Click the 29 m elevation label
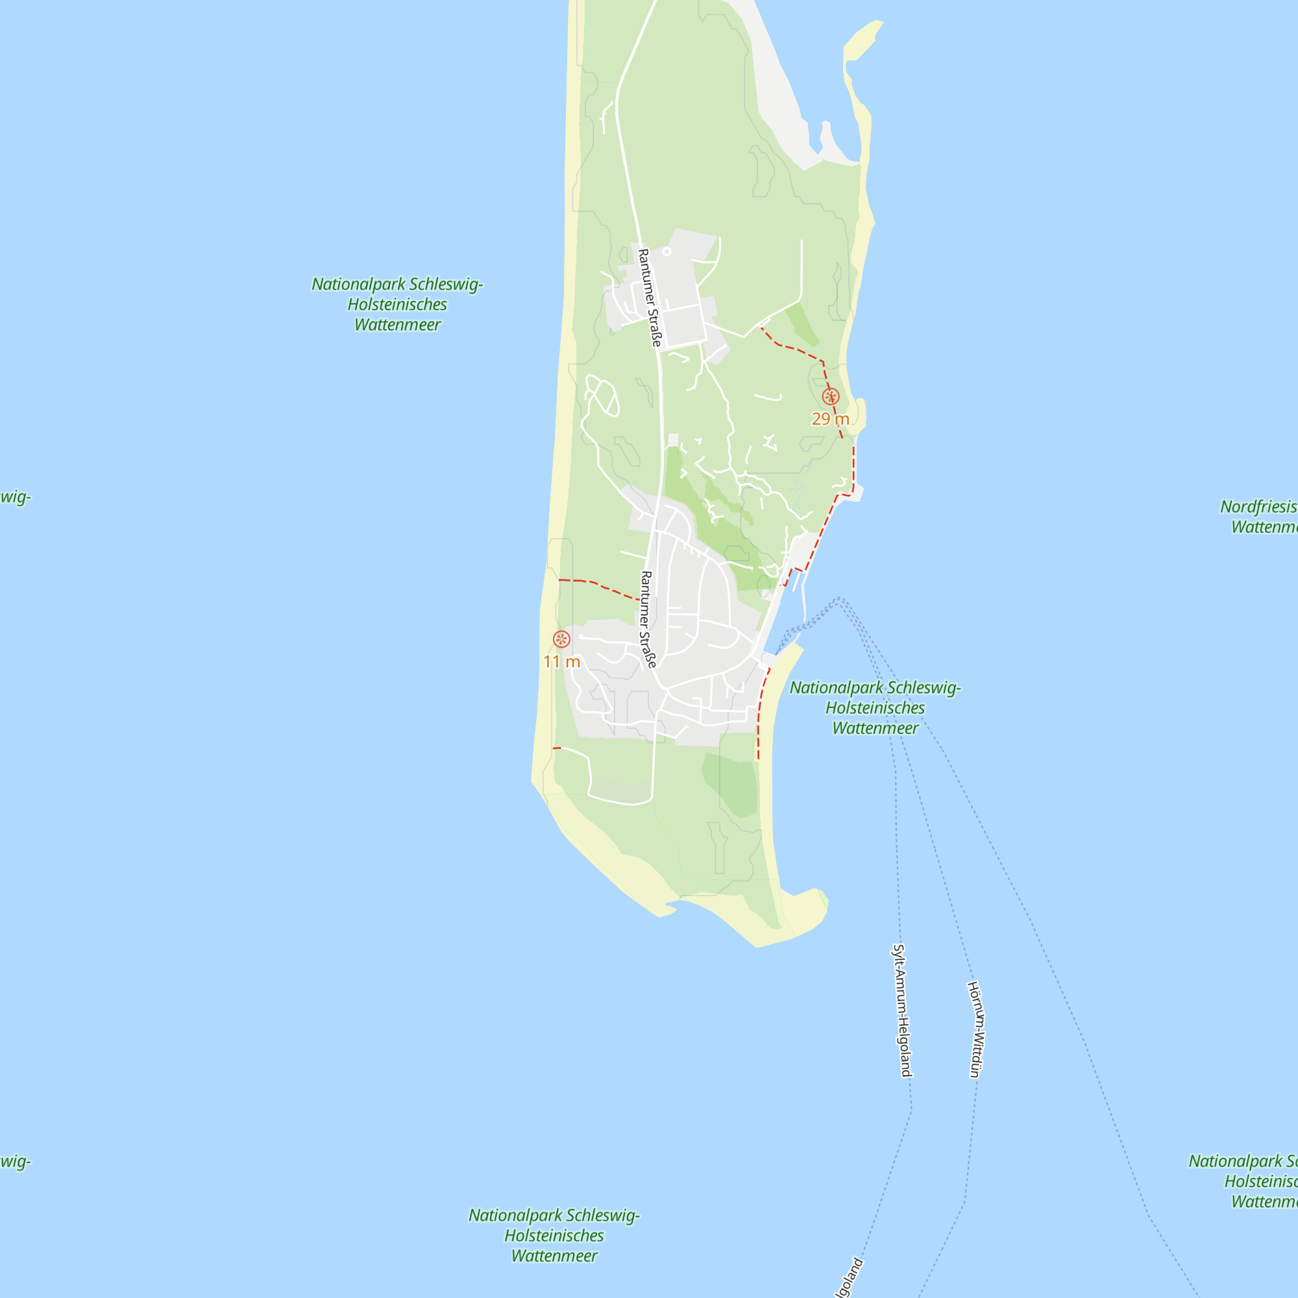tap(831, 419)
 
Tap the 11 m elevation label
tap(561, 663)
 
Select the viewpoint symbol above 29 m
tap(831, 397)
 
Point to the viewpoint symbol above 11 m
tap(561, 639)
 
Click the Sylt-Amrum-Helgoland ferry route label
tap(901, 1010)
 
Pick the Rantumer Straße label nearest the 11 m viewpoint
tap(647, 618)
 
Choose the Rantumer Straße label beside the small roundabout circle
tap(649, 298)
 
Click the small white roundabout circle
tap(667, 252)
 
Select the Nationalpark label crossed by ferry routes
tap(875, 707)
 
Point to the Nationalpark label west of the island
tap(397, 304)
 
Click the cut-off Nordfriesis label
tap(1260, 517)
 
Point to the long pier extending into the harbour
tap(804, 598)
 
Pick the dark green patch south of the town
tap(732, 783)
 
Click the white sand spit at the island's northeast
tap(779, 88)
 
